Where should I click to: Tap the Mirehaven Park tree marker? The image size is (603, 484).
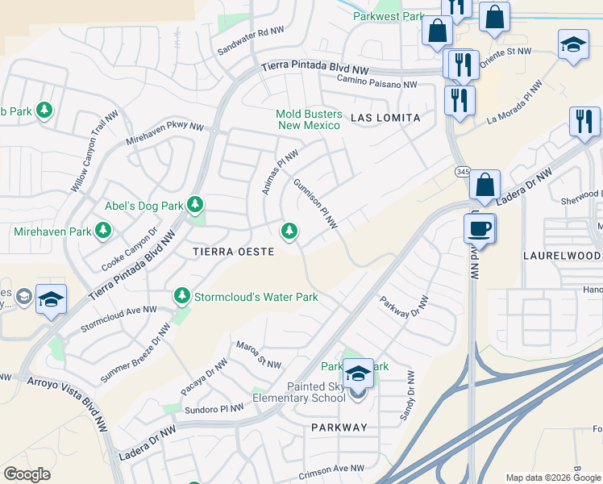click(x=102, y=232)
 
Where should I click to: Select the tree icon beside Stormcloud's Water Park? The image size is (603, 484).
click(x=183, y=297)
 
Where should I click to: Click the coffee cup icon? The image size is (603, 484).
click(x=480, y=228)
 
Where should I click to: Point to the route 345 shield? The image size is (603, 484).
click(x=462, y=172)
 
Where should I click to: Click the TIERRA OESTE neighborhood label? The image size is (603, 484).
click(x=233, y=252)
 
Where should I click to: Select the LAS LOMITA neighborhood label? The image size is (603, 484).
click(x=385, y=118)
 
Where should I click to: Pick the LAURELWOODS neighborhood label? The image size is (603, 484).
click(x=562, y=255)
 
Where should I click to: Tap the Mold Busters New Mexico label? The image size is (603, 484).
click(x=310, y=120)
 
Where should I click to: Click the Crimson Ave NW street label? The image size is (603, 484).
click(x=332, y=468)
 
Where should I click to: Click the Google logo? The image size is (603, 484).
click(x=27, y=474)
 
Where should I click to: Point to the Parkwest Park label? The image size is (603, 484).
click(x=389, y=16)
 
